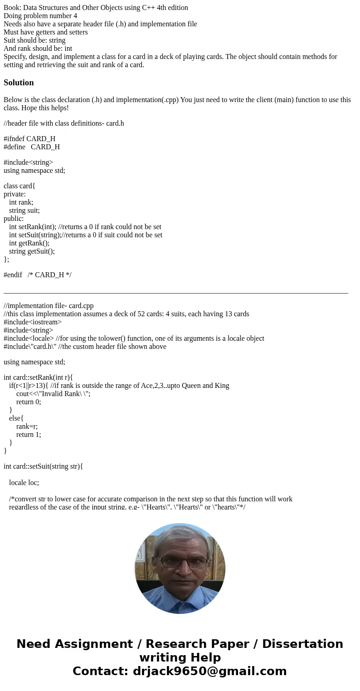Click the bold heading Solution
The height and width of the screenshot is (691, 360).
(x=19, y=83)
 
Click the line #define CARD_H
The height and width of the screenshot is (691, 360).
(x=32, y=147)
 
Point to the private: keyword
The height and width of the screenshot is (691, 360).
(x=15, y=194)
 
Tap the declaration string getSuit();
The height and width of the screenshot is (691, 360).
(x=32, y=251)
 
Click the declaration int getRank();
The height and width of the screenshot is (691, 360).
(x=29, y=243)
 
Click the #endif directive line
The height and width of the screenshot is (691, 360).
(x=37, y=275)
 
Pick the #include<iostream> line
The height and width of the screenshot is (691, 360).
(x=33, y=322)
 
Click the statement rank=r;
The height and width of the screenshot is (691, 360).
(x=27, y=426)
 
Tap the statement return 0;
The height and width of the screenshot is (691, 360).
(x=29, y=402)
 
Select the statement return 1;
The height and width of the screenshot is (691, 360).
(x=29, y=435)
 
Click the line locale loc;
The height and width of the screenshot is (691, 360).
(x=24, y=483)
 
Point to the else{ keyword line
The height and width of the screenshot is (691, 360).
(x=16, y=418)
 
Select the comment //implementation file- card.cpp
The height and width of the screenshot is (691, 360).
(x=49, y=306)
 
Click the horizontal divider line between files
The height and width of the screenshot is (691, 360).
(x=176, y=294)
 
